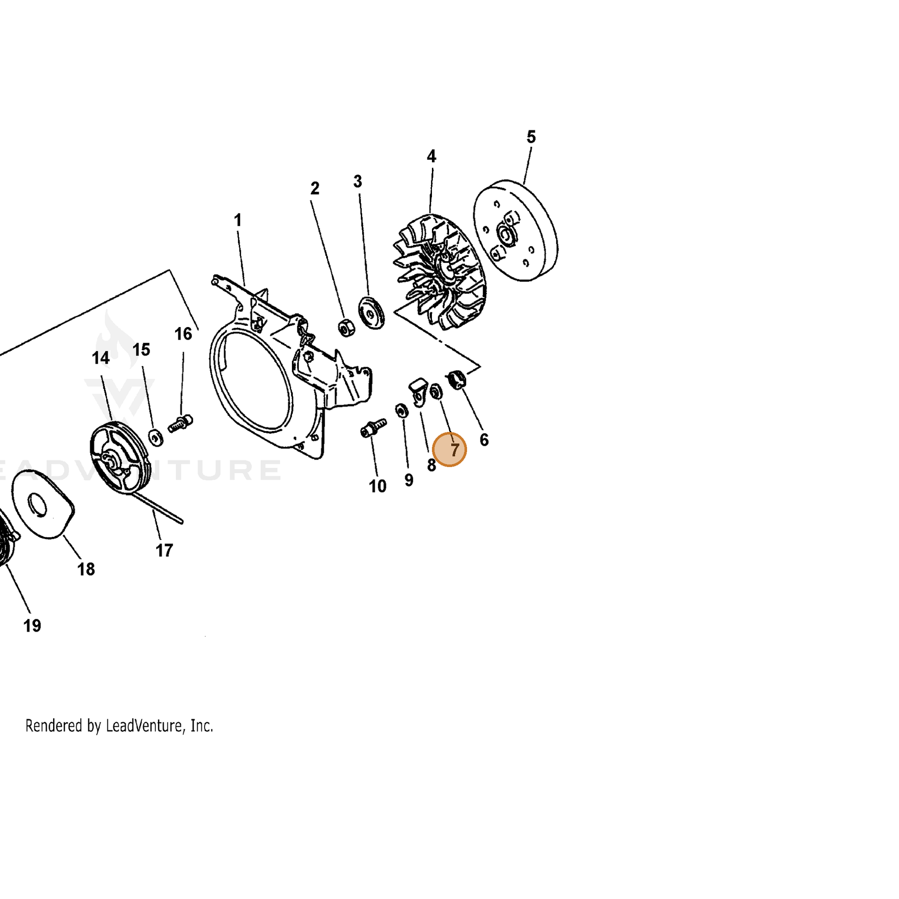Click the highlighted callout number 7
[x=455, y=450]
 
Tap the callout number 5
[x=531, y=137]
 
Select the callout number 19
[x=32, y=626]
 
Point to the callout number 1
[x=238, y=220]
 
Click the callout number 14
[x=101, y=358]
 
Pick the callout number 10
[x=377, y=486]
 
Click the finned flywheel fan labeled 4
[x=440, y=272]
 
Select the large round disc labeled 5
[x=515, y=231]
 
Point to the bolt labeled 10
[x=373, y=427]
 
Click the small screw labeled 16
[x=181, y=423]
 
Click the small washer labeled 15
[x=155, y=437]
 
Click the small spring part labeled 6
[x=457, y=378]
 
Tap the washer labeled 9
[x=401, y=410]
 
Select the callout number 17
[x=164, y=551]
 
